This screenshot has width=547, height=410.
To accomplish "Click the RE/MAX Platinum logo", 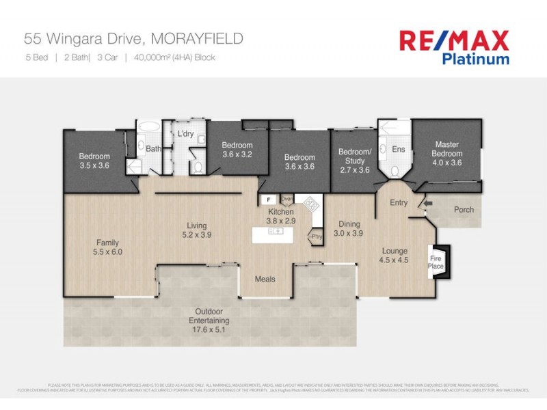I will point(454,46).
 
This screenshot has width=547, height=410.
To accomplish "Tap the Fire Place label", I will point(436,262).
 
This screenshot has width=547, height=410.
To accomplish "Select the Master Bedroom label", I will point(446,154).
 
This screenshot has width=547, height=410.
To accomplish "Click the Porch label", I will point(464,210).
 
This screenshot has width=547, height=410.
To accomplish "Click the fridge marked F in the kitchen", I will point(269,200).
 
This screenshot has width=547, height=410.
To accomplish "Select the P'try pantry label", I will point(315,236).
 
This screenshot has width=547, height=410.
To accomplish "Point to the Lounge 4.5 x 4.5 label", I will point(395,255).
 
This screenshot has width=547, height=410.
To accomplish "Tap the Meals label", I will point(265,279).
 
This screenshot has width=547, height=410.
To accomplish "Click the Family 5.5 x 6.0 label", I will point(107,247).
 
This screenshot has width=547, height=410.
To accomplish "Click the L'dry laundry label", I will point(186,134).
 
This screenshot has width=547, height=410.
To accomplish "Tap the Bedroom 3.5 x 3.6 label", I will point(94,161).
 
